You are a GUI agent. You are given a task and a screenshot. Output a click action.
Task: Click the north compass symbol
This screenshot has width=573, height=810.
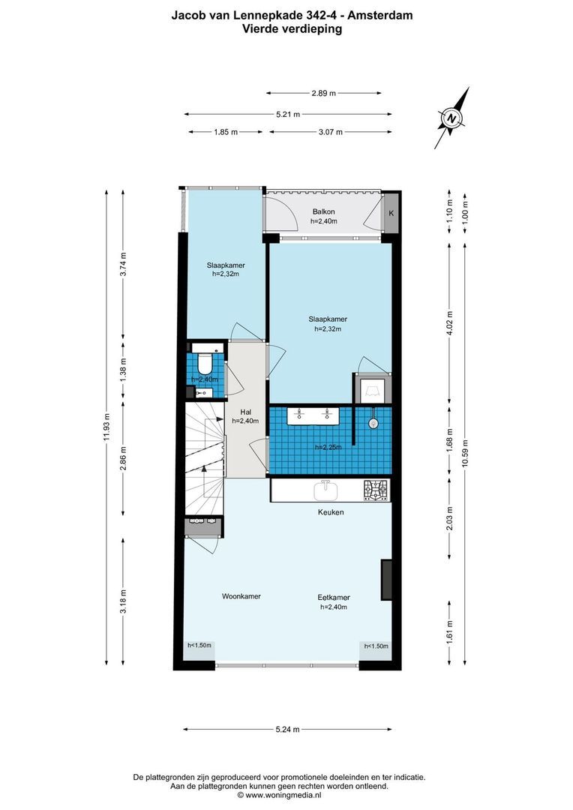coord(452,118)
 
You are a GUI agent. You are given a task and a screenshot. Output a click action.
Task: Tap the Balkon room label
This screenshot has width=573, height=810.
coord(324,212)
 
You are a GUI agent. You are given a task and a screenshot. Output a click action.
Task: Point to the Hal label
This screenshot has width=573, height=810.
coord(244,412)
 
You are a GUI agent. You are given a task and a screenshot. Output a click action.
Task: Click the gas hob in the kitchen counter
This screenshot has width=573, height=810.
coord(376,490)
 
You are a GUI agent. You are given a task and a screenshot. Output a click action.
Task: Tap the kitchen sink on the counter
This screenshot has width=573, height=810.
coord(325,491)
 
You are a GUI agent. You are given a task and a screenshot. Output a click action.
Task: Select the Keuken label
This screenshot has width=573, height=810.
coord(331,512)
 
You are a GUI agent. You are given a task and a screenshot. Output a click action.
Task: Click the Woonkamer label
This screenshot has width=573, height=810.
coord(241,596)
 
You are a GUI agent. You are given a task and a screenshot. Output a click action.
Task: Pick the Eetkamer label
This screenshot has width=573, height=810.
coord(333,598)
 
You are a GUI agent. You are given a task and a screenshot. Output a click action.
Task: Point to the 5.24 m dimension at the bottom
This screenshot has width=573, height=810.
coord(287,729)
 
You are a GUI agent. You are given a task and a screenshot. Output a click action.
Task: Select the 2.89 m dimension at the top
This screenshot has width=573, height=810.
coord(324,93)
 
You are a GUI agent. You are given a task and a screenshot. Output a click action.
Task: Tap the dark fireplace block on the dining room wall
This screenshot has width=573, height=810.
coord(386,580)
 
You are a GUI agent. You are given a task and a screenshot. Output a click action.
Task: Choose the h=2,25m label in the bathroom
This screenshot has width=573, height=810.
coord(328,447)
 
